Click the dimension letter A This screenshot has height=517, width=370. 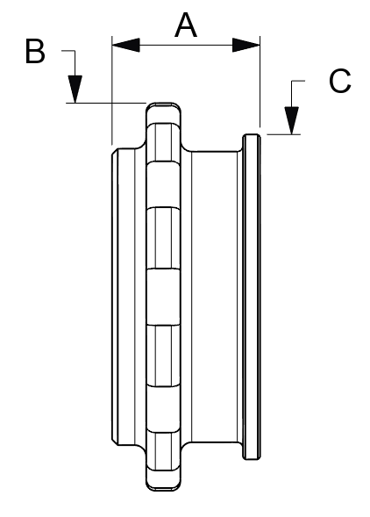tap(186, 25)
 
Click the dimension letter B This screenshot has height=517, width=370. tap(35, 51)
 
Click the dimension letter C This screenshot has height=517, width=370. tap(340, 81)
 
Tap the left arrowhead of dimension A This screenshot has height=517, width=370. tap(126, 45)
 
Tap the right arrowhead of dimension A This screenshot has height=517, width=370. tap(246, 45)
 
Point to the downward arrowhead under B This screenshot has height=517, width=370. tap(75, 89)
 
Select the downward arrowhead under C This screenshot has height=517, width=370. tap(292, 120)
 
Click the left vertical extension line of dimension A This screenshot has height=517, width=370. tap(112, 90)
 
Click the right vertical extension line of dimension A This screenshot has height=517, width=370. tap(260, 82)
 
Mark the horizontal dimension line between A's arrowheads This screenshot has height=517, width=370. tap(186, 45)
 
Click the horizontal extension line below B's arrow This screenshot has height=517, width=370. tap(106, 103)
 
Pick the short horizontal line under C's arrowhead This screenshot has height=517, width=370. tap(284, 134)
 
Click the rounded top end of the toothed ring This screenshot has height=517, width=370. tap(163, 104)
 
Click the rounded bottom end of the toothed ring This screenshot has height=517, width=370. tap(163, 488)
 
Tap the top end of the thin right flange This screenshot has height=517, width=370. tap(252, 135)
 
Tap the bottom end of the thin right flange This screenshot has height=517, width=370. tap(252, 457)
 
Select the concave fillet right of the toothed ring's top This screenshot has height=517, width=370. tap(185, 147)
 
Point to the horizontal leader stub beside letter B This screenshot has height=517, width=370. tap(68, 51)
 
